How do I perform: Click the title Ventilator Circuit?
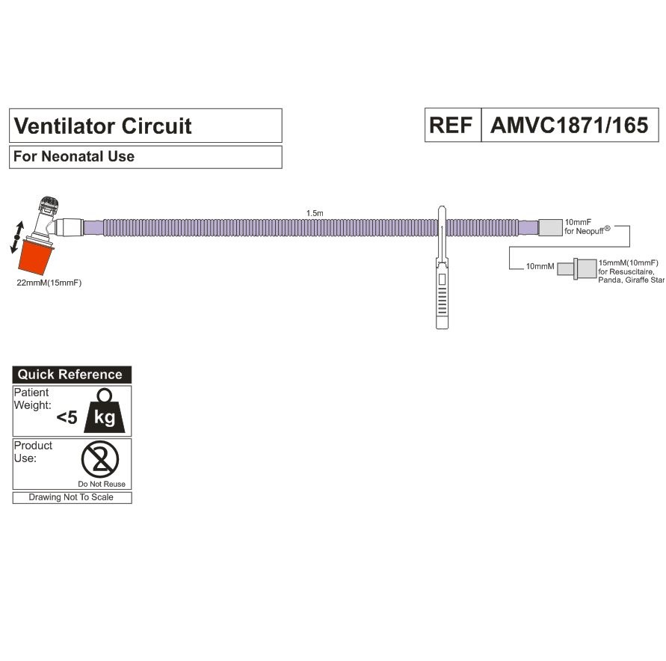click(x=102, y=126)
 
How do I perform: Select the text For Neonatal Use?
click(x=74, y=157)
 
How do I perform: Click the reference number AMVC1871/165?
click(x=569, y=125)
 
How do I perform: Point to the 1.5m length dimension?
click(x=315, y=213)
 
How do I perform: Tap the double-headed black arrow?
click(x=17, y=236)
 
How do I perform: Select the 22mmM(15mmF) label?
click(x=49, y=283)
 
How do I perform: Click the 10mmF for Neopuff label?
click(x=588, y=227)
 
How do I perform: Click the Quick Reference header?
click(x=70, y=375)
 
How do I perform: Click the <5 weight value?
click(x=67, y=418)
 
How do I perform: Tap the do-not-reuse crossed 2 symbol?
click(x=101, y=459)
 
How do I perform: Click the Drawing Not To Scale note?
click(x=71, y=497)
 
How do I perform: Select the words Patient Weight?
click(x=32, y=399)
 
